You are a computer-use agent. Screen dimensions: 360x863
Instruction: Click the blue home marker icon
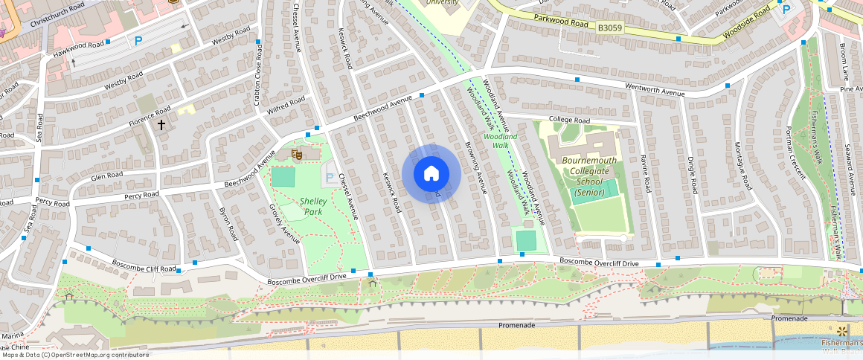click(431, 173)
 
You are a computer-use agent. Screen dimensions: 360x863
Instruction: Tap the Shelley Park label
click(316, 206)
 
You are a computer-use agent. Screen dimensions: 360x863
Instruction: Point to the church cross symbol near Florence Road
click(161, 124)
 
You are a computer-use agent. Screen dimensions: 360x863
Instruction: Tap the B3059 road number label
click(609, 28)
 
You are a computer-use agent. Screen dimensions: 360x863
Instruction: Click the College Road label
click(569, 120)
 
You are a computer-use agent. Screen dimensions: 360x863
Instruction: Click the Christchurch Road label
click(59, 17)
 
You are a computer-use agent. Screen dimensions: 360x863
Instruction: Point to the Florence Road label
click(150, 115)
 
